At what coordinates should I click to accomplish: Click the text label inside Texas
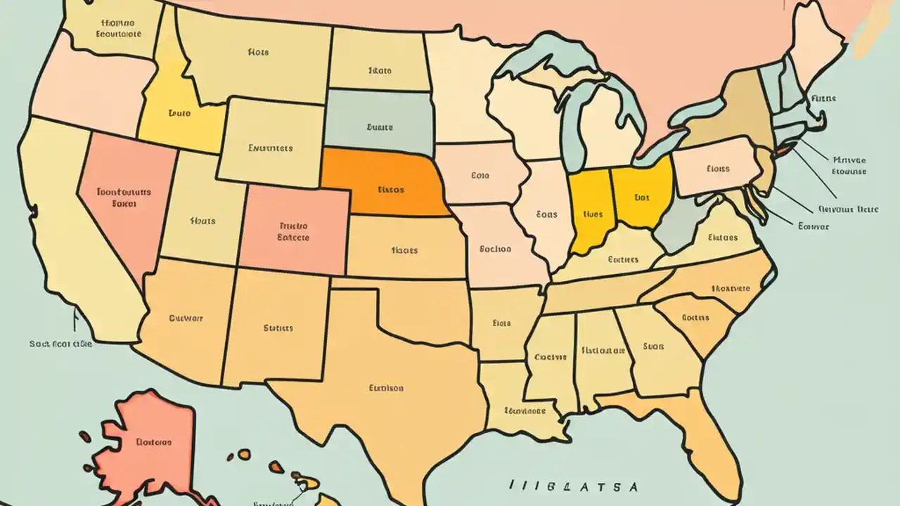[x=386, y=387]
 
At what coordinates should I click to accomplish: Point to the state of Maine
[x=816, y=35]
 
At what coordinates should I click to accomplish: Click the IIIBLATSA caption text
[x=573, y=486]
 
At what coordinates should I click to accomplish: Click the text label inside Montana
[x=259, y=52]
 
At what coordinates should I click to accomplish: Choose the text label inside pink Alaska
[x=153, y=442]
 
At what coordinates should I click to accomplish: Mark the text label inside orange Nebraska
[x=390, y=189]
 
